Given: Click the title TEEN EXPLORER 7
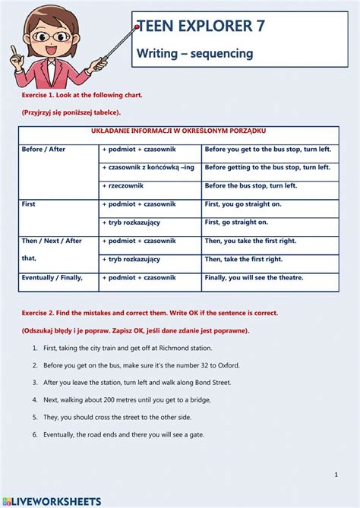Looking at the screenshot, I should click(x=201, y=27).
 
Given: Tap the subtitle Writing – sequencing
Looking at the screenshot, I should click(x=194, y=53).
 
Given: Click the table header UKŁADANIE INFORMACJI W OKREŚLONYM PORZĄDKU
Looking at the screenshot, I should click(x=178, y=131).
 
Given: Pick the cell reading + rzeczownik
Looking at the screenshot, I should click(x=127, y=186).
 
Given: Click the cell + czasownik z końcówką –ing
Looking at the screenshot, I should click(x=148, y=168).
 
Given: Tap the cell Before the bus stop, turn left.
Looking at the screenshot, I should click(x=251, y=186).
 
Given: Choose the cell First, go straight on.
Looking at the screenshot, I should click(x=236, y=222).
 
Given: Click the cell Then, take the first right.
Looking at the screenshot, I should click(x=243, y=259).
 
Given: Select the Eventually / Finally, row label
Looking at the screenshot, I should click(x=52, y=278).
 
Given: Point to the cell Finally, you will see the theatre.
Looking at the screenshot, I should click(x=259, y=278).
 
